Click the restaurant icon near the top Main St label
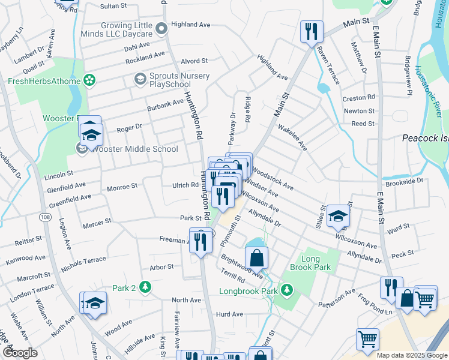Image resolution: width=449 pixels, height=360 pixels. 312,31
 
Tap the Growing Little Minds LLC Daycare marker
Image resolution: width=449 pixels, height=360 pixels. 160,29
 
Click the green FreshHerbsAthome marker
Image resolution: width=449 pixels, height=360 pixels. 89,79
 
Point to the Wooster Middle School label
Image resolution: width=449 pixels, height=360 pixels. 132,149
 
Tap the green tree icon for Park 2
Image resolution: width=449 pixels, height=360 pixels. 144,287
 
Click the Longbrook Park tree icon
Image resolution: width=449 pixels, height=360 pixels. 288,291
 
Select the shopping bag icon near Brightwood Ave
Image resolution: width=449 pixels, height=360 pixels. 256,258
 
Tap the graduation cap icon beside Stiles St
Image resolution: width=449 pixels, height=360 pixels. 339,216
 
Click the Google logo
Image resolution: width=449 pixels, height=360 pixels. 20,352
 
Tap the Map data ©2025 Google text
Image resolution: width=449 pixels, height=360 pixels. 411,355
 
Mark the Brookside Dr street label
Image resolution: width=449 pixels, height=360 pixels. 405,180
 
